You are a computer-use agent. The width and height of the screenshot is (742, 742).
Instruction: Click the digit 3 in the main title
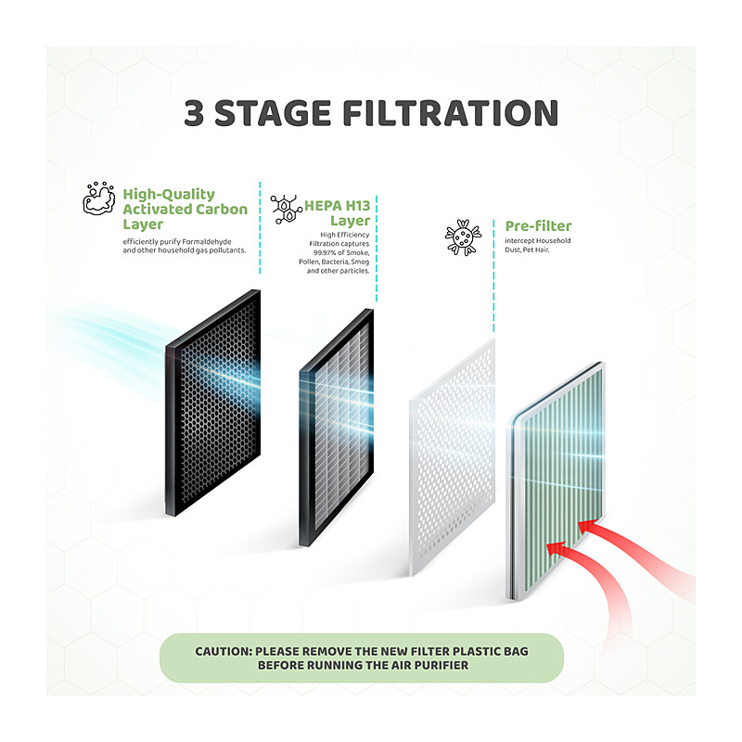194,113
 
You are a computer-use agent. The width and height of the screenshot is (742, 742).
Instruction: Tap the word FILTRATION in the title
451,113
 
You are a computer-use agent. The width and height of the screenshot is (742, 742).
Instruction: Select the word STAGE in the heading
273,113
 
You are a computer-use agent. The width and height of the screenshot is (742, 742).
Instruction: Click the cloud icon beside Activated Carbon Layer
99,198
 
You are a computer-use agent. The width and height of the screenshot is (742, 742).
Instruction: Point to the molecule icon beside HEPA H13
287,209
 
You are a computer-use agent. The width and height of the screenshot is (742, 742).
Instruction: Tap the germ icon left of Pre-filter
463,237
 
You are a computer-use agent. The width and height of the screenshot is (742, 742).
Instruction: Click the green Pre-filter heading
538,226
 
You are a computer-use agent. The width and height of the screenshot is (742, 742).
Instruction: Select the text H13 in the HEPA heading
357,206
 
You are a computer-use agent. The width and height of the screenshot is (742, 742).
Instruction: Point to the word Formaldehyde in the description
206,242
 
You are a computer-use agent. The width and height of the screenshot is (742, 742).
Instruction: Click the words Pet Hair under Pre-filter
536,249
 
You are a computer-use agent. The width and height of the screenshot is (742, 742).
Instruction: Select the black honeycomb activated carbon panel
213,403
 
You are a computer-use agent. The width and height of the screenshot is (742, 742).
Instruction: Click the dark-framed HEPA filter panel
337,428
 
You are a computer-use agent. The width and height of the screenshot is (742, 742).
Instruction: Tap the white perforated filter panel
452,456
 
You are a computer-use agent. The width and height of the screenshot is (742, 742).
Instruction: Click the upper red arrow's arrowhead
587,526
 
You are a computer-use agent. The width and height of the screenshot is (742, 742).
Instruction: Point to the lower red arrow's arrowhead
556,549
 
